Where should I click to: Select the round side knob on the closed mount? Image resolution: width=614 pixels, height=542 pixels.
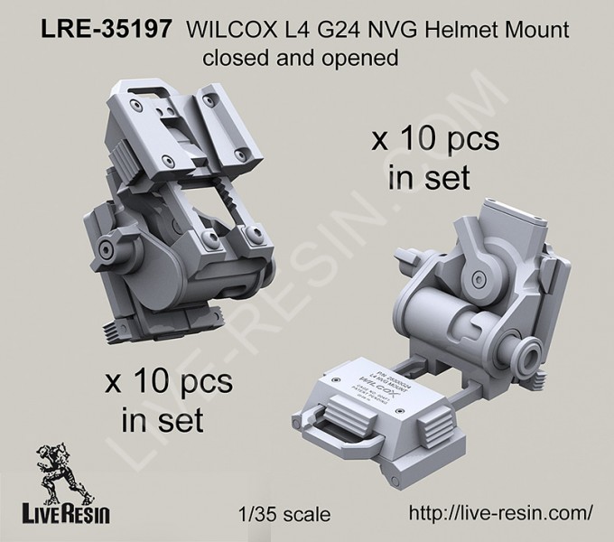click(x=107, y=248)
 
